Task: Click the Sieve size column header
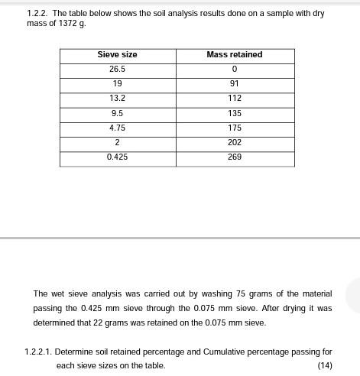point(117,55)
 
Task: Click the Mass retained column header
point(234,55)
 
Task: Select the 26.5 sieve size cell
point(117,70)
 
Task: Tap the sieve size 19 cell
point(117,84)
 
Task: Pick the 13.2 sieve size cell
point(117,99)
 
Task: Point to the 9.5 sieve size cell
point(117,113)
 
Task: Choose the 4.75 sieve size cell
point(117,128)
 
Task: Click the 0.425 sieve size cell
point(117,157)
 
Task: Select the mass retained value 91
point(234,84)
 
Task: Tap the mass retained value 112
point(234,99)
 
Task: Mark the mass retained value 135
point(234,113)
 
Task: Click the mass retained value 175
point(234,128)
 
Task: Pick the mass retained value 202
point(234,142)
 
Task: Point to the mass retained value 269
point(234,157)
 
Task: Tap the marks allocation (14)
point(324,366)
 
